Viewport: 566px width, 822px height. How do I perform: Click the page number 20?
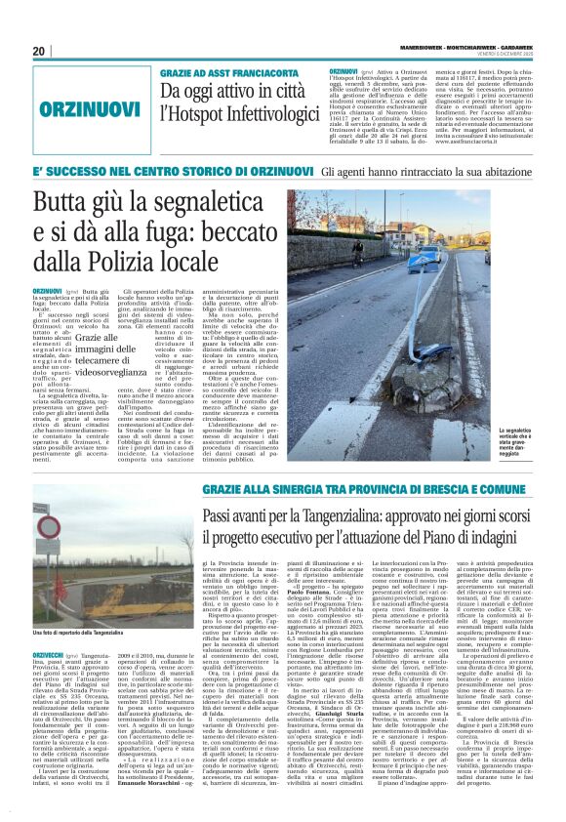(39, 51)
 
